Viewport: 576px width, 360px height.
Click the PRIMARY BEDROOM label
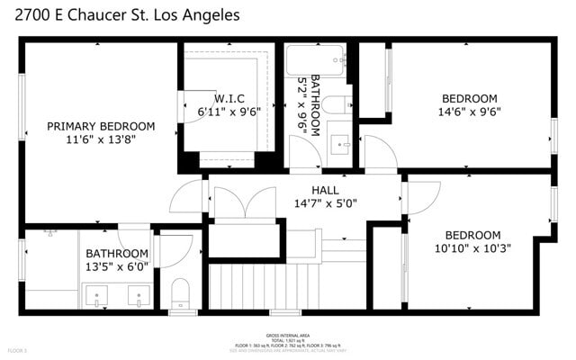(101, 126)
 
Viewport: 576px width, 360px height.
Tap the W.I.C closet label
(229, 98)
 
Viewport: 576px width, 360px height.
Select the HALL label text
(325, 190)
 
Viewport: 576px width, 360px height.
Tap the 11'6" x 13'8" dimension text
(101, 139)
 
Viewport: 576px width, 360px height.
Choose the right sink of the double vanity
(138, 293)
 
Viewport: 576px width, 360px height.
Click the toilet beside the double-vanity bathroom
(180, 292)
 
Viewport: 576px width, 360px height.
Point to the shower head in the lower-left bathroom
(50, 231)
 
